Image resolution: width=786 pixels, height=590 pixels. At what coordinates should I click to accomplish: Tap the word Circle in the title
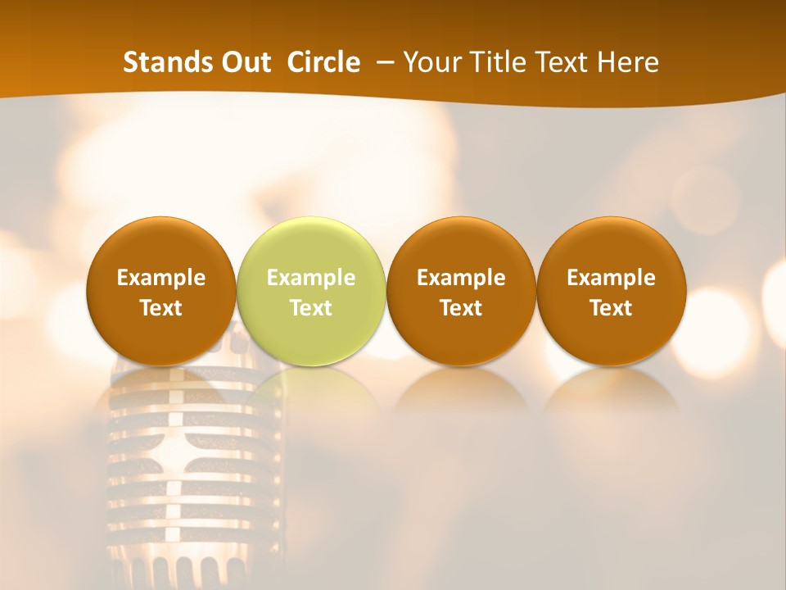[x=323, y=62]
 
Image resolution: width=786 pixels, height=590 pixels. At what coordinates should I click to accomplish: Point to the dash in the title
[x=382, y=63]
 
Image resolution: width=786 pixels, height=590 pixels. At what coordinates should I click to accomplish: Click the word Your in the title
[x=431, y=62]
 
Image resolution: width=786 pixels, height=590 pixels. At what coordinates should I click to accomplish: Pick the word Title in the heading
[x=495, y=62]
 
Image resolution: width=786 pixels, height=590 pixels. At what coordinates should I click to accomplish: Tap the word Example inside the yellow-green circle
[x=310, y=278]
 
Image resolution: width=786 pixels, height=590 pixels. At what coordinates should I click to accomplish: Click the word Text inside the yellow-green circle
[x=310, y=308]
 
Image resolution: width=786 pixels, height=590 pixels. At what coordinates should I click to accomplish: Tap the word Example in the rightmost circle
[x=611, y=278]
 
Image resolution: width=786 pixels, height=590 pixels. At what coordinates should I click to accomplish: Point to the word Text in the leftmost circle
[x=160, y=308]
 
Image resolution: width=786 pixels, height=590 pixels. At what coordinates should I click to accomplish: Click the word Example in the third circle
[x=461, y=278]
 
